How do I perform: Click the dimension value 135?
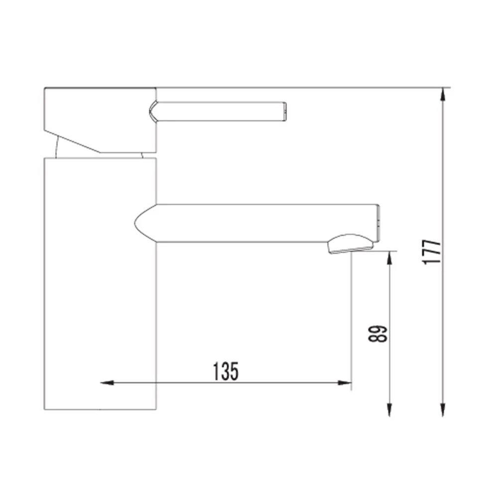(225, 371)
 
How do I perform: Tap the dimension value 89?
(377, 334)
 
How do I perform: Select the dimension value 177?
(431, 252)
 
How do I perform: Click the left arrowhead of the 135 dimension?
(107, 382)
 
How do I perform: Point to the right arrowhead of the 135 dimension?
(345, 382)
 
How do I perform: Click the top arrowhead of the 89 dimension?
(389, 258)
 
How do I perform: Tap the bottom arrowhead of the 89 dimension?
(389, 409)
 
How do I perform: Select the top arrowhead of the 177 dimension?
(443, 94)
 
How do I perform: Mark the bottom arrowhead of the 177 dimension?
(443, 409)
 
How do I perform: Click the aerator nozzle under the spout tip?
(351, 244)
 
